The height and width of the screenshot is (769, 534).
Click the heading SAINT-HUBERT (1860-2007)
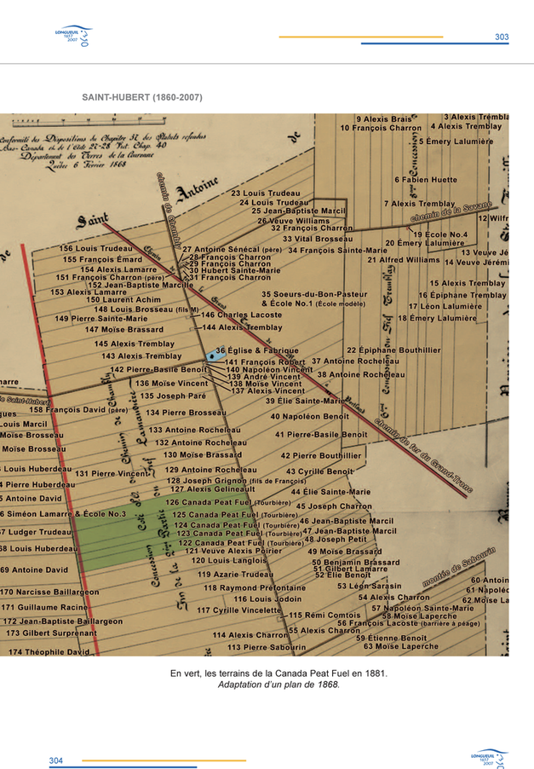pyautogui.click(x=141, y=98)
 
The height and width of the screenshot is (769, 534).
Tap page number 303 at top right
pyautogui.click(x=502, y=38)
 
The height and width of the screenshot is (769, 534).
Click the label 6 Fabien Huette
pyautogui.click(x=426, y=180)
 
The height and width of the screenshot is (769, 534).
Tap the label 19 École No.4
pyautogui.click(x=441, y=234)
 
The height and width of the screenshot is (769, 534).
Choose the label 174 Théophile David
pyautogui.click(x=49, y=651)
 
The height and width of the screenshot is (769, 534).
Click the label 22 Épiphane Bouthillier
pyautogui.click(x=393, y=350)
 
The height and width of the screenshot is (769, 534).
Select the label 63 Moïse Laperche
pyautogui.click(x=401, y=645)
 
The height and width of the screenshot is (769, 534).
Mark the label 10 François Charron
pyautogui.click(x=381, y=128)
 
